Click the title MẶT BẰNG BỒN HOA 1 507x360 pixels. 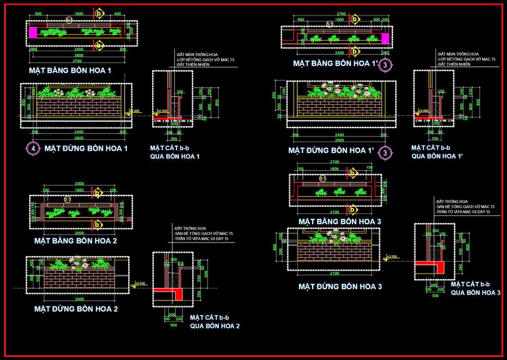click(70, 70)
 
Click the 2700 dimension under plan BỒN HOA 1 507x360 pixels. click(78, 61)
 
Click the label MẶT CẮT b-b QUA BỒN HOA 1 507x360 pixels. click(174, 152)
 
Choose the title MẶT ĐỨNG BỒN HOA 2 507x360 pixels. click(76, 309)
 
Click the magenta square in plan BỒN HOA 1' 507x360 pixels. click(385, 39)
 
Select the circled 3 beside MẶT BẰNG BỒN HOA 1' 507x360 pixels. click(386, 64)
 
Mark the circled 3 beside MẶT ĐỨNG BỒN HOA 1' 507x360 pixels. click(386, 153)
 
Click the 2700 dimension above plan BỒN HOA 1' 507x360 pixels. click(342, 13)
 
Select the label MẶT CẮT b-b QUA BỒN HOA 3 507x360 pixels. click(475, 288)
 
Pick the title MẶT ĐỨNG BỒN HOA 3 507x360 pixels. click(339, 287)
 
